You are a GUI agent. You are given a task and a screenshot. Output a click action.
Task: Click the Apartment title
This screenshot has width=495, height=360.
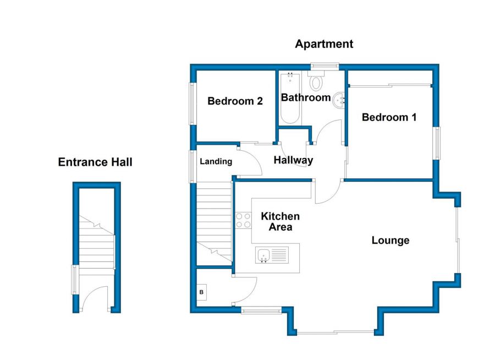(x=324, y=44)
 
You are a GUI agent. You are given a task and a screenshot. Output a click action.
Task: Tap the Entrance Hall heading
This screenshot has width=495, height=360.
(x=95, y=162)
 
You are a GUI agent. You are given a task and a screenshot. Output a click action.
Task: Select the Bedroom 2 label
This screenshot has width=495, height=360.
(x=235, y=101)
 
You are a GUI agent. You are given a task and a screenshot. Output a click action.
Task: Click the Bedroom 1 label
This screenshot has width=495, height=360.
(x=389, y=117)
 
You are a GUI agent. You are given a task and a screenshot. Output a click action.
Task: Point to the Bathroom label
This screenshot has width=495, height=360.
(x=306, y=98)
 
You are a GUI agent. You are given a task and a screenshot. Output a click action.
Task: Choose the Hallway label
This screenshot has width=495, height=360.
(x=293, y=161)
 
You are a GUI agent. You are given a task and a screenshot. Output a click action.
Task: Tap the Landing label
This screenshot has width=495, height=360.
(x=216, y=162)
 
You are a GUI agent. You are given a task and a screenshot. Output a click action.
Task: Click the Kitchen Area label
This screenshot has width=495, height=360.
(x=280, y=221)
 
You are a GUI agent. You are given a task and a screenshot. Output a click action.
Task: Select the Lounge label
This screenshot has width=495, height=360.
(x=391, y=241)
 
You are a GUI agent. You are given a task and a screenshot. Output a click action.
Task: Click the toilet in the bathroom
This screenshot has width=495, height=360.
(x=316, y=83)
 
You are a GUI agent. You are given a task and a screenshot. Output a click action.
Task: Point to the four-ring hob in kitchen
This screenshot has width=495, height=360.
(x=243, y=220)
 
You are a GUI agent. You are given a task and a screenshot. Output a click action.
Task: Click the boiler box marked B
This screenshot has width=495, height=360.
(x=201, y=292)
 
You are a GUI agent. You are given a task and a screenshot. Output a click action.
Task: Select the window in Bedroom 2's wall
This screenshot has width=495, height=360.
(x=193, y=103)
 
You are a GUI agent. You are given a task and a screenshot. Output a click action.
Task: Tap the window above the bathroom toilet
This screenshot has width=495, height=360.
(x=323, y=67)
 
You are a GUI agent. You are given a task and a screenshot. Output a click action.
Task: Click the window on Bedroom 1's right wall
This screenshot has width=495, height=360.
(x=437, y=144)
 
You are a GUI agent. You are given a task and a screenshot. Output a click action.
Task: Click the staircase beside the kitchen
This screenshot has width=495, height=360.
(x=213, y=220)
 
